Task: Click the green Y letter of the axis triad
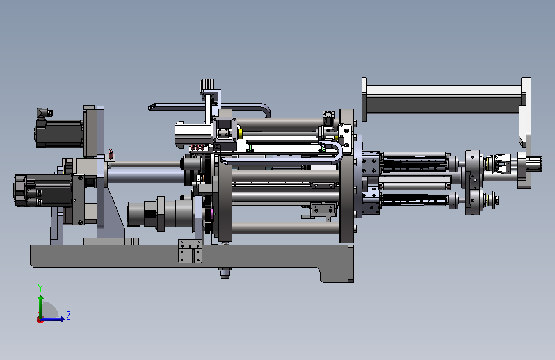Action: (x=40, y=288)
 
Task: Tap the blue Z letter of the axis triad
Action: (x=68, y=315)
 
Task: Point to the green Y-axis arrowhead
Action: (x=41, y=299)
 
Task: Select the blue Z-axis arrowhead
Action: (x=61, y=319)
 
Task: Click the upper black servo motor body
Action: (x=58, y=133)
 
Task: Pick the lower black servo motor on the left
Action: (x=43, y=190)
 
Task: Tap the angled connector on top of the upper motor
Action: (x=44, y=113)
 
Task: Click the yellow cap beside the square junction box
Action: (x=240, y=134)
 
